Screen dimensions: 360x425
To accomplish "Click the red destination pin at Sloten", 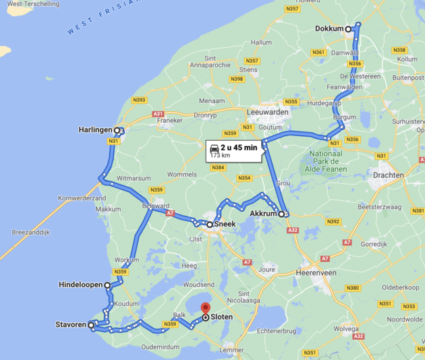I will pyautogui.click(x=206, y=309).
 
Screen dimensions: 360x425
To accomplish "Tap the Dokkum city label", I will pyautogui.click(x=329, y=29).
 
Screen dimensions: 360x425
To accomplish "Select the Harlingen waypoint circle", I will pyautogui.click(x=117, y=131).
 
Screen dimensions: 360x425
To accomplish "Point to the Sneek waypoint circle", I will pyautogui.click(x=210, y=225).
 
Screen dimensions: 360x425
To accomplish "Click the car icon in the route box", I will pyautogui.click(x=214, y=148).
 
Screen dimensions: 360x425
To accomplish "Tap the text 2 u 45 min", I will pyautogui.click(x=239, y=148).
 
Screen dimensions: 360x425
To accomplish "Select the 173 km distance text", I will pyautogui.click(x=219, y=155).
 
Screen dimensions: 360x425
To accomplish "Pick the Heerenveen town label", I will pyautogui.click(x=316, y=272).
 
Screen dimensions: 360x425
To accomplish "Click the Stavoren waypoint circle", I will pyautogui.click(x=91, y=325).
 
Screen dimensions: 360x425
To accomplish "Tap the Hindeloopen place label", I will pyautogui.click(x=80, y=285).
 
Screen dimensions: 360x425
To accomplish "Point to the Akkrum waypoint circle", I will pyautogui.click(x=282, y=214).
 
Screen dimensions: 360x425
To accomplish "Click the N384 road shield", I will pyautogui.click(x=218, y=168).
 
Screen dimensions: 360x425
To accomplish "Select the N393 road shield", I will pyautogui.click(x=139, y=100).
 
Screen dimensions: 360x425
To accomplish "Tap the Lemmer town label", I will pyautogui.click(x=232, y=349).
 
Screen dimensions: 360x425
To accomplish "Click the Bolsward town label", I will pyautogui.click(x=156, y=206).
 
